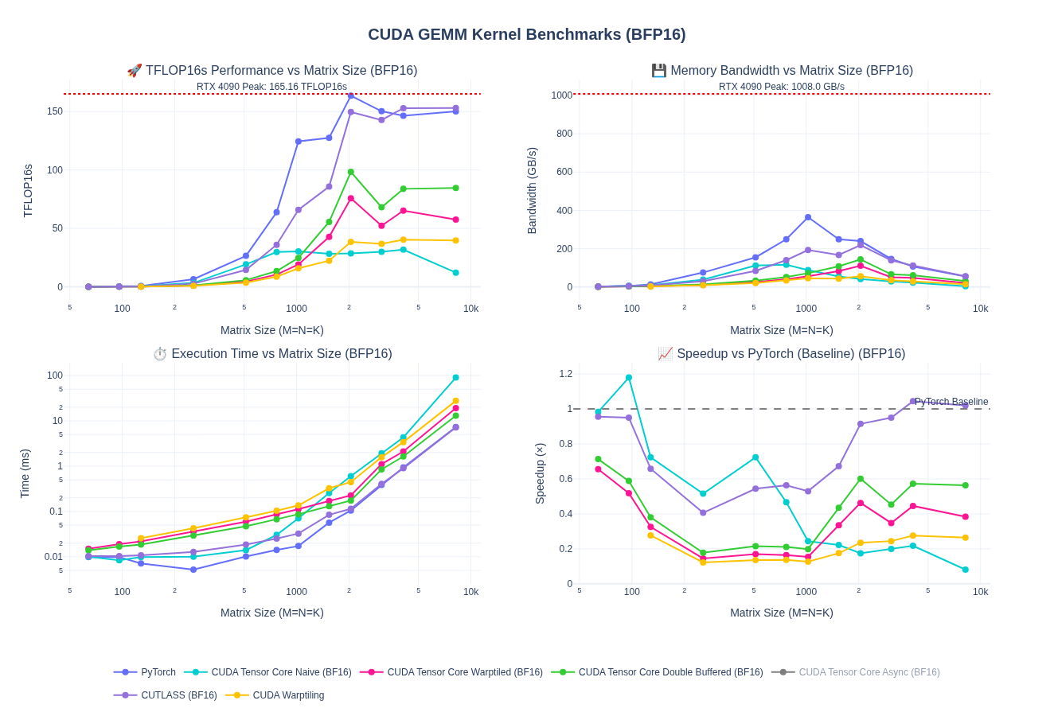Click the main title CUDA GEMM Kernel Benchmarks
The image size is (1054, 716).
point(526,35)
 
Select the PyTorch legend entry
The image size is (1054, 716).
point(158,672)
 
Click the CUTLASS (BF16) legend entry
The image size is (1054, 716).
point(178,695)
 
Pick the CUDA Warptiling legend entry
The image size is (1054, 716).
point(288,695)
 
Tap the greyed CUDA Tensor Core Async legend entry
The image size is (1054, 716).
point(869,672)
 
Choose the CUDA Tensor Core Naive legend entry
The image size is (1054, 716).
point(281,672)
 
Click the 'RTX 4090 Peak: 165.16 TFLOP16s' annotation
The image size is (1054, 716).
point(271,87)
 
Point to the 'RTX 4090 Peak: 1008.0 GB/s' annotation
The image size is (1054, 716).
point(781,87)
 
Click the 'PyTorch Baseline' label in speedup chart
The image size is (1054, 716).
point(951,402)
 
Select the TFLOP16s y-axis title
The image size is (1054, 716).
point(28,191)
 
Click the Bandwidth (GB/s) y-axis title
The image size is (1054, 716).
point(532,191)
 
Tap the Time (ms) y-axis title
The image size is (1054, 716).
point(25,473)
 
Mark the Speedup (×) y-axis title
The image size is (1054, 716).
point(540,473)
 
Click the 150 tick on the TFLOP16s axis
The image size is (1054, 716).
point(54,111)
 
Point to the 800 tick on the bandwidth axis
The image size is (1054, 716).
point(564,134)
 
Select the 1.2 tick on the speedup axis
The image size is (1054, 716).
point(565,374)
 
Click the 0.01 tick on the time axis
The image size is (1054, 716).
point(53,557)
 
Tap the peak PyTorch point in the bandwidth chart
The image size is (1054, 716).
point(808,217)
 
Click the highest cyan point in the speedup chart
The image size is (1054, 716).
point(629,378)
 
